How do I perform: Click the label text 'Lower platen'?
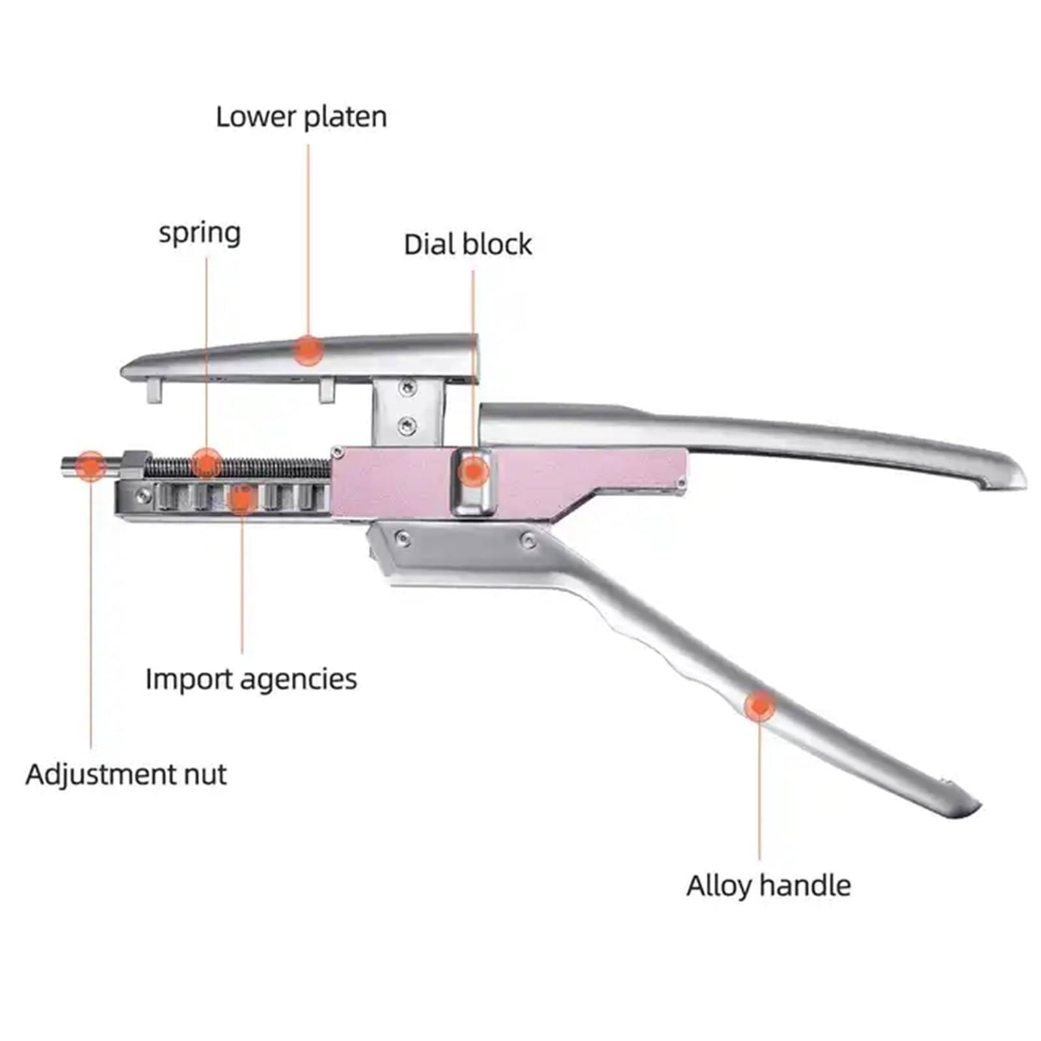[301, 118]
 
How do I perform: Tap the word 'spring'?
[200, 233]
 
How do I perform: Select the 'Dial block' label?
[468, 245]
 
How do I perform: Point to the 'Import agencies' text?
[251, 679]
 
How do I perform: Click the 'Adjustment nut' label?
[126, 774]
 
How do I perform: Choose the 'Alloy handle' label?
[768, 886]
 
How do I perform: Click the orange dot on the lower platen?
[308, 350]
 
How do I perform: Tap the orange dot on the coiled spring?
[207, 463]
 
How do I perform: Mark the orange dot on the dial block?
[474, 470]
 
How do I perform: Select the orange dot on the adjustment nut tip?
[90, 466]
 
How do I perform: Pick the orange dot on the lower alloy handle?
[759, 706]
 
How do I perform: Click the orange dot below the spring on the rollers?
[241, 499]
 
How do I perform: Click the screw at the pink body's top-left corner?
[337, 451]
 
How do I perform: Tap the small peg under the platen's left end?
[154, 392]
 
